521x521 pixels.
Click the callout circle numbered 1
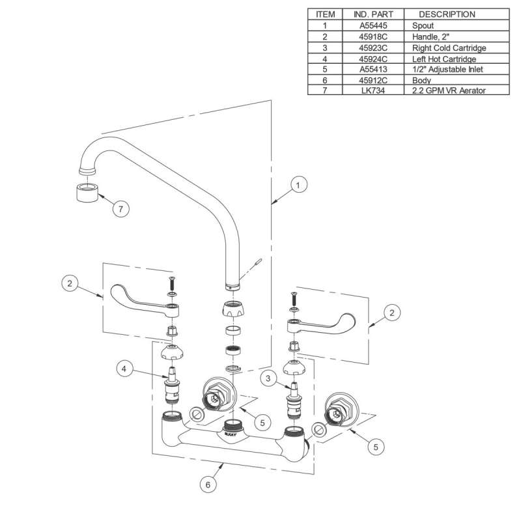click(298, 186)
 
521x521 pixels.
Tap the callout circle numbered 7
click(121, 208)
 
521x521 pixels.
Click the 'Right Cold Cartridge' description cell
click(449, 48)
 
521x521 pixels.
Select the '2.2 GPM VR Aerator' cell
click(449, 91)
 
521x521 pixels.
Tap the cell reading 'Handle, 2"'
click(430, 36)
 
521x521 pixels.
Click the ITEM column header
click(324, 14)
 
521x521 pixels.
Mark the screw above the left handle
click(171, 283)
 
